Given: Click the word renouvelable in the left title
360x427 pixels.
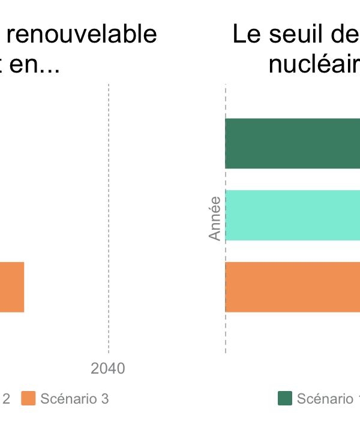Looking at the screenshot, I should point(82,35).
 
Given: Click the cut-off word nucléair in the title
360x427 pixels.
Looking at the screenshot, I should point(314,64).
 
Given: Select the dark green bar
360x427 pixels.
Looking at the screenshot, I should point(292,143).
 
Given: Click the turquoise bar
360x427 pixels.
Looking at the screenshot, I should point(292,215).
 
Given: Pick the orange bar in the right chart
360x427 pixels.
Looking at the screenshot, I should point(292,287).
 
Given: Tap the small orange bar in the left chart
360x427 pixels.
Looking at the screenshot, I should point(11,287).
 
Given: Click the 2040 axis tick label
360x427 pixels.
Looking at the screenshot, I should point(108,368).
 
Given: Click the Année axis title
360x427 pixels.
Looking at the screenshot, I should point(215,219).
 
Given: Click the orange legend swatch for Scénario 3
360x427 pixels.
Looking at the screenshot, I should point(28,398).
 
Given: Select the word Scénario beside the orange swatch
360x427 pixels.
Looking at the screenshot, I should point(67,399).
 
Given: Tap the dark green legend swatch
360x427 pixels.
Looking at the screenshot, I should point(285,398).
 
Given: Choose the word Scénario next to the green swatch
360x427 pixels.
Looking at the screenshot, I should point(325,399).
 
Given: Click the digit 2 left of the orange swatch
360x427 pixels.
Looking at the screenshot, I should point(6,399).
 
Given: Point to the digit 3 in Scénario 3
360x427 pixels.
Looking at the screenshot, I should point(104,399).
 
